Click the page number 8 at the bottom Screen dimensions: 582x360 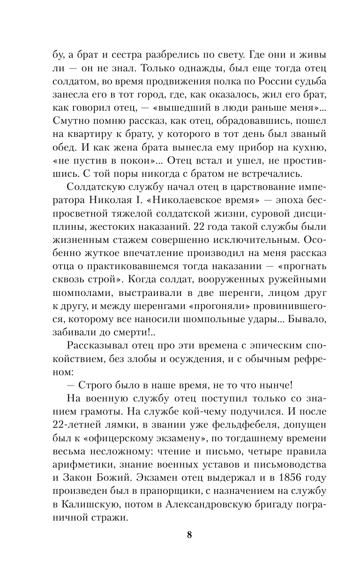click(x=189, y=535)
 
